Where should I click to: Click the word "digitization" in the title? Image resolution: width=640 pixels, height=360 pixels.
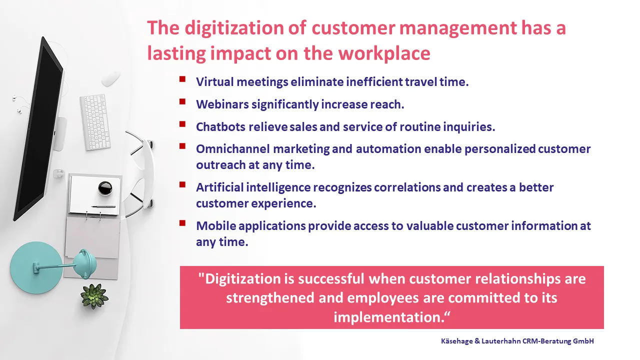click(x=234, y=28)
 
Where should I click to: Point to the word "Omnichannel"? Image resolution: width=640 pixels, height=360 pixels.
click(x=233, y=149)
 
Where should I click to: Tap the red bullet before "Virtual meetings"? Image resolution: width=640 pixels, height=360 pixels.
click(x=182, y=79)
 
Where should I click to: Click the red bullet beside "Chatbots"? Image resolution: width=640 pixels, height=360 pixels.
click(x=182, y=124)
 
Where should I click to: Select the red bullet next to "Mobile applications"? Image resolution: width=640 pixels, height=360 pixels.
click(x=182, y=223)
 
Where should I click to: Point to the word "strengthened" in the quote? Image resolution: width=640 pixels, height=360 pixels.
click(x=270, y=297)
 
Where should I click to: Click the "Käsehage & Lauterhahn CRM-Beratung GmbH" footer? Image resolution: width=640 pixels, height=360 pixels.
click(x=517, y=341)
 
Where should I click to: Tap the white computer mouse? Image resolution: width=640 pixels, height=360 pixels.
click(x=110, y=78)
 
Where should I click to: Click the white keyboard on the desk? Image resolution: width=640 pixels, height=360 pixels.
click(x=95, y=122)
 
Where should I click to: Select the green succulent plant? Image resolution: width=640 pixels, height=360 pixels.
click(x=94, y=296)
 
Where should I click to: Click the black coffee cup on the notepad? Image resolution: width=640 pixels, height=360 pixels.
click(x=105, y=188)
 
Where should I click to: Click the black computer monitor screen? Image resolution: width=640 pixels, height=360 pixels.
click(x=38, y=128)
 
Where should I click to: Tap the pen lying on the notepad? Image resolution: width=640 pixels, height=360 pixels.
click(x=103, y=206)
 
